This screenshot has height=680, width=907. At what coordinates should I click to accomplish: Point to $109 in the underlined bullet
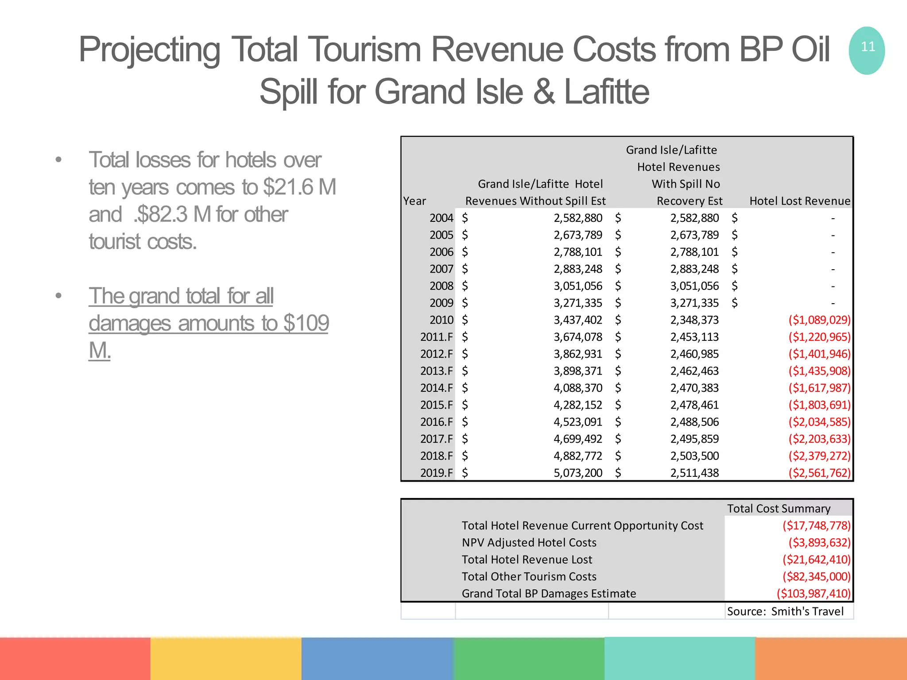pyautogui.click(x=306, y=323)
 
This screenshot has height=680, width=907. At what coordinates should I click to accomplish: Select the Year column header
pyautogui.click(x=415, y=201)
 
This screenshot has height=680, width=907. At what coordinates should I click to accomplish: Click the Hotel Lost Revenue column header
pyautogui.click(x=799, y=201)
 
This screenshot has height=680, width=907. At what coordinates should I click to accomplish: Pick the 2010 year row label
pyautogui.click(x=442, y=320)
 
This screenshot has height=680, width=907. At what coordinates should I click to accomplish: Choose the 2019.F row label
pyautogui.click(x=437, y=473)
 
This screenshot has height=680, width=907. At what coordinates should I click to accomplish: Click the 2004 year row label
pyautogui.click(x=442, y=218)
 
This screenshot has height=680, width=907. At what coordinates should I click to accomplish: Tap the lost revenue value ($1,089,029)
pyautogui.click(x=819, y=320)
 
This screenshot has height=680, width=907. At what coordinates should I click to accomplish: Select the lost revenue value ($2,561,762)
pyautogui.click(x=819, y=473)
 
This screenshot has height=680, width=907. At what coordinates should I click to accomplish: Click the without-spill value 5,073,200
pyautogui.click(x=578, y=473)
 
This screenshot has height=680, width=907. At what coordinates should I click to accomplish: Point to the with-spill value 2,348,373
pyautogui.click(x=694, y=320)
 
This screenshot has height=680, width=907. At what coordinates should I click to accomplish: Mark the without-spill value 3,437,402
pyautogui.click(x=578, y=320)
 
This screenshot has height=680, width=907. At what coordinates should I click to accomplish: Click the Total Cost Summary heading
pyautogui.click(x=779, y=508)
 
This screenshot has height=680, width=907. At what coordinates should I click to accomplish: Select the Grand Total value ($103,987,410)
pyautogui.click(x=814, y=593)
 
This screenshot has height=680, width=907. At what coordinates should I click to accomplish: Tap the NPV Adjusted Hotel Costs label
pyautogui.click(x=529, y=542)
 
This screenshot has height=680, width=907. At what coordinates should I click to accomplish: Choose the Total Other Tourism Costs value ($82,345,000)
pyautogui.click(x=816, y=576)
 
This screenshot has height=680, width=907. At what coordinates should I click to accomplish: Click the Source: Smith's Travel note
pyautogui.click(x=785, y=611)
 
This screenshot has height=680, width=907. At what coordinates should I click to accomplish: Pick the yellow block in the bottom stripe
pyautogui.click(x=226, y=658)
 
